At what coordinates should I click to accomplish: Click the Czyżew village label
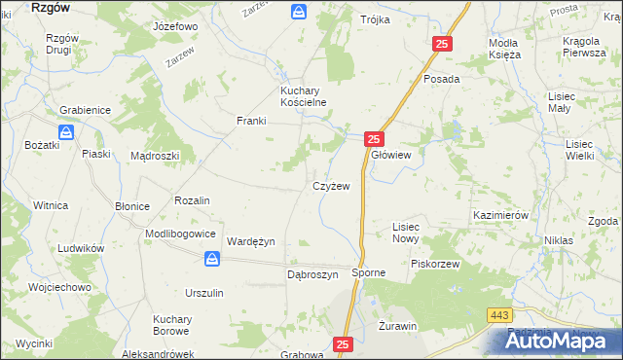330,185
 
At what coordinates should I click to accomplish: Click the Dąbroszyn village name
311,274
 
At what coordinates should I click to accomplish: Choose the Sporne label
369,274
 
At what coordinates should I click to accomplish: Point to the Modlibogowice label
180,234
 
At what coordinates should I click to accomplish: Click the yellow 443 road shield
500,314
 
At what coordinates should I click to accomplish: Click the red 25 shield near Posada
442,44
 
